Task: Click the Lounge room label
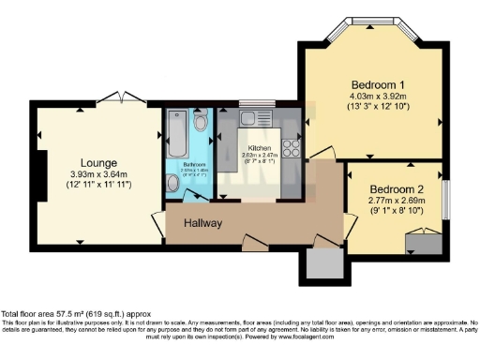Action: click(x=98, y=159)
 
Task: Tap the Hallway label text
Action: click(x=203, y=223)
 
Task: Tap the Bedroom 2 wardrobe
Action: click(x=422, y=241)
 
